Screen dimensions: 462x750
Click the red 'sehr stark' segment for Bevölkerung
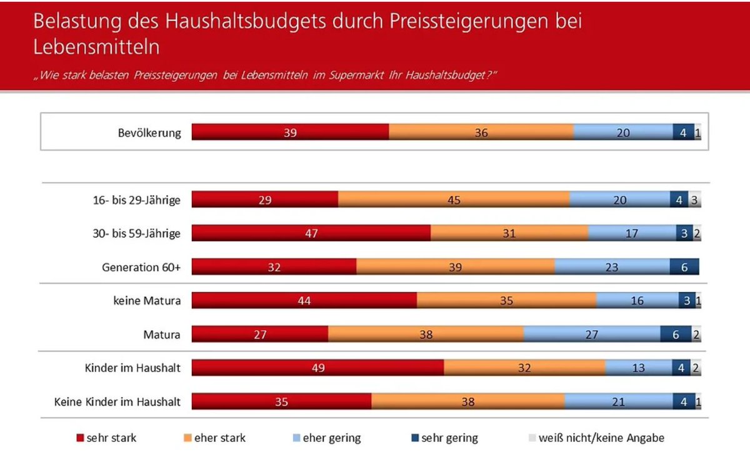(290, 132)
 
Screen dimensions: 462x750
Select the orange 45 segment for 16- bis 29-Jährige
(454, 199)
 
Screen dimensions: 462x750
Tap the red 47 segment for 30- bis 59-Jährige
(311, 233)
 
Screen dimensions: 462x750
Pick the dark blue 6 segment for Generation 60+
(684, 267)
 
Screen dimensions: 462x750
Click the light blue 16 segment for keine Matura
(637, 301)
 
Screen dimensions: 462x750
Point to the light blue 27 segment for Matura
(592, 334)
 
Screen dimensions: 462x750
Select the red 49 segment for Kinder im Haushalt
(317, 368)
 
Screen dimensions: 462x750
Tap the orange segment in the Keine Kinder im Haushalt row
(467, 401)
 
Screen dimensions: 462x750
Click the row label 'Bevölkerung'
(149, 133)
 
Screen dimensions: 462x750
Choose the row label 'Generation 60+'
(141, 268)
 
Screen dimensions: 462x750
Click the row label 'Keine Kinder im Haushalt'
(117, 401)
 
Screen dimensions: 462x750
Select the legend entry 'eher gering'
(331, 438)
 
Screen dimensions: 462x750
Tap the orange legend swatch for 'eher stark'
(187, 438)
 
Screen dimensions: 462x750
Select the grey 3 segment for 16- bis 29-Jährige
(694, 199)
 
